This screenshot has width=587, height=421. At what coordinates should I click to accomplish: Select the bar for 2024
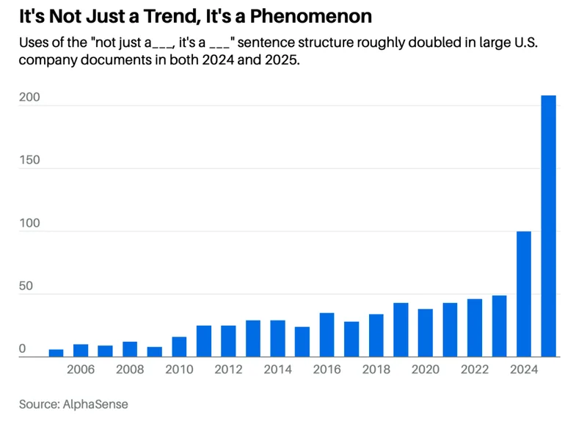[x=524, y=293]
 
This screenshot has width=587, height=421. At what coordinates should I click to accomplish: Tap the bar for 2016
[x=327, y=334]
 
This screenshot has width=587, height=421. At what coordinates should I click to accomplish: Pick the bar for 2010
[x=179, y=346]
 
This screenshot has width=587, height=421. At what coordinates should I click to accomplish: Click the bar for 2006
[x=81, y=350]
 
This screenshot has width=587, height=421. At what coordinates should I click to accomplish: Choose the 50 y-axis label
[x=26, y=286]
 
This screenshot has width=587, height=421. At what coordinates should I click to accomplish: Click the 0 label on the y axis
[x=23, y=349]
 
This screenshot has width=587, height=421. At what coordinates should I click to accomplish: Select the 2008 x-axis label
[x=129, y=370]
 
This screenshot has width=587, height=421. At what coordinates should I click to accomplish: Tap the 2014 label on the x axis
[x=277, y=370]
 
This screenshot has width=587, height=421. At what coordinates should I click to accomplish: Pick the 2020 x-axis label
[x=426, y=370]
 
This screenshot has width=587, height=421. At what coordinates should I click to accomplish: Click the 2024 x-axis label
[x=524, y=370]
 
